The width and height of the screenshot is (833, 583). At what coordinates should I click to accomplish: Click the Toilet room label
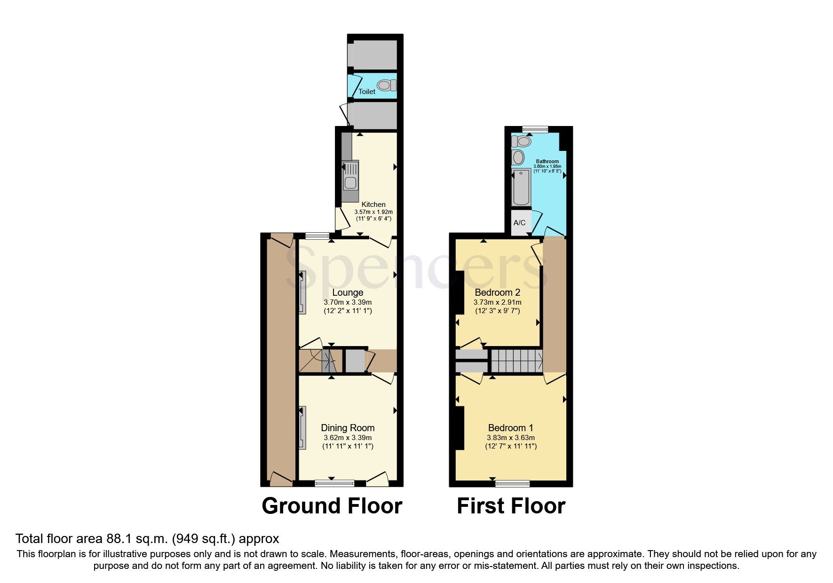coord(367,92)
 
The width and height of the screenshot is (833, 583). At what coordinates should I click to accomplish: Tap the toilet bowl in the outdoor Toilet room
coord(386,86)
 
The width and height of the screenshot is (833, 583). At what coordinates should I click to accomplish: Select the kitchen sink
coord(350,175)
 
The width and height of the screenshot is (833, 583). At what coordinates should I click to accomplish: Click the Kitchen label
coord(373,205)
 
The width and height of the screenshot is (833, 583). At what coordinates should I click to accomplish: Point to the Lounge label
coord(348,292)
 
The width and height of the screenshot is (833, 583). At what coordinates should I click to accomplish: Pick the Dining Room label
coord(348,428)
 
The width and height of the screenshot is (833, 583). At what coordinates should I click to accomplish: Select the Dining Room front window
coord(334,482)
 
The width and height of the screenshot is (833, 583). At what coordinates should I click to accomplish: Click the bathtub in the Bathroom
coord(521,187)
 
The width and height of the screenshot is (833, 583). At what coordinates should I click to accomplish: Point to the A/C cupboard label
coord(520,222)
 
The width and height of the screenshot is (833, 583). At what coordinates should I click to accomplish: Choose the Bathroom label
coord(547,161)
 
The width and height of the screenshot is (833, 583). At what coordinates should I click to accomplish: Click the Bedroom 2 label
coord(497,292)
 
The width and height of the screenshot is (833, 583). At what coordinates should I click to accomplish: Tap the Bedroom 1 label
coord(510,428)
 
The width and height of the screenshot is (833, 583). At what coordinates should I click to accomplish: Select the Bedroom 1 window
coord(512,483)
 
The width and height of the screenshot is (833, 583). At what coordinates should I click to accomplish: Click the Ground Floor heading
coord(332,506)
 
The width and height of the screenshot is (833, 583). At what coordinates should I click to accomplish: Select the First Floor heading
coord(511,506)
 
